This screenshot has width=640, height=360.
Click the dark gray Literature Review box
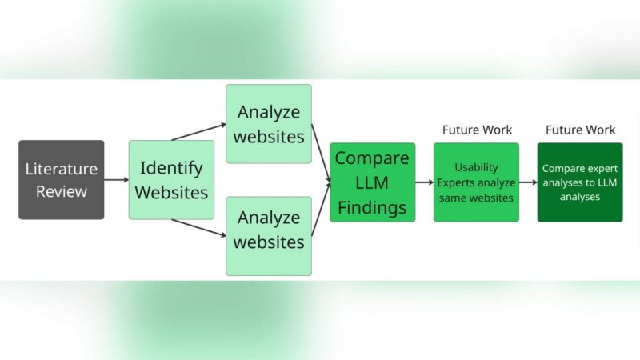coord(62,180)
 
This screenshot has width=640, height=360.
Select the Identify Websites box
coord(171,180)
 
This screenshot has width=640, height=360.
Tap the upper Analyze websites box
coord(268,124)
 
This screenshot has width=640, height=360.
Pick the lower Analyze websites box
coord(268,236)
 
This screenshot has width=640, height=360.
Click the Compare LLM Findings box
coord(372,182)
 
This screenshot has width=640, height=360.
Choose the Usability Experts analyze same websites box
coord(476,182)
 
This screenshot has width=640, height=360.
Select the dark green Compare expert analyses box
coord(580,182)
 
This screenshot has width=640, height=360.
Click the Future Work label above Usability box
coord(477,130)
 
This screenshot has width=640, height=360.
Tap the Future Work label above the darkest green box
coord(580,130)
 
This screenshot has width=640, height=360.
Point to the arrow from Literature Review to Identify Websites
coord(116,180)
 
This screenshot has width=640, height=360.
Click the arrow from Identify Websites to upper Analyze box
coord(198,132)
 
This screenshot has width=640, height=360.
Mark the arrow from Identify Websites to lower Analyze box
coord(198,228)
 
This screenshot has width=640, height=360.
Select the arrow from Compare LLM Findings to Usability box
coord(424,182)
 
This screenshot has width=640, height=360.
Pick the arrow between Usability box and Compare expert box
coord(528,182)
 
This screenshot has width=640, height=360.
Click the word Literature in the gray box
coord(62,169)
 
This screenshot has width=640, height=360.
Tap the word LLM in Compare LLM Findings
coord(372,182)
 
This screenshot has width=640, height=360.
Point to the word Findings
coord(372,207)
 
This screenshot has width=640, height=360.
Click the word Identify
coord(171,169)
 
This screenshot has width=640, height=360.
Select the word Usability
coord(476,167)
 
